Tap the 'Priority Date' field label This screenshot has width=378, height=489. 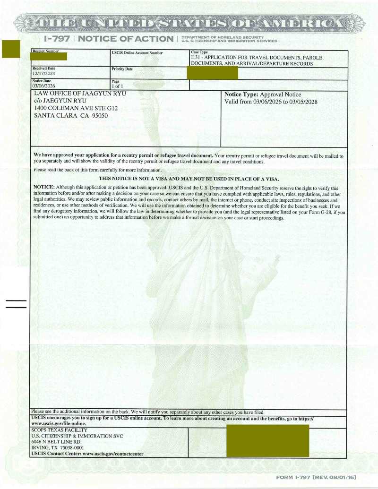[122, 69]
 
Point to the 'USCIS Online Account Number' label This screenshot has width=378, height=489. [137, 53]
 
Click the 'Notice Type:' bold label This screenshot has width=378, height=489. [241, 94]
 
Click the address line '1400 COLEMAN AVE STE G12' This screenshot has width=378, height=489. [76, 108]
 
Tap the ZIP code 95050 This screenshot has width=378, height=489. [98, 116]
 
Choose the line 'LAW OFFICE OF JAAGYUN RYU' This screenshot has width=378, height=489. [81, 94]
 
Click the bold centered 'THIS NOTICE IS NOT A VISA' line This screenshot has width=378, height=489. [189, 179]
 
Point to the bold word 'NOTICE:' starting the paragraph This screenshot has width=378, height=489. [44, 188]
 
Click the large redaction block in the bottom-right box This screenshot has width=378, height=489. [267, 440]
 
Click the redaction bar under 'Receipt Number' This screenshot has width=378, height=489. [48, 57]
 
